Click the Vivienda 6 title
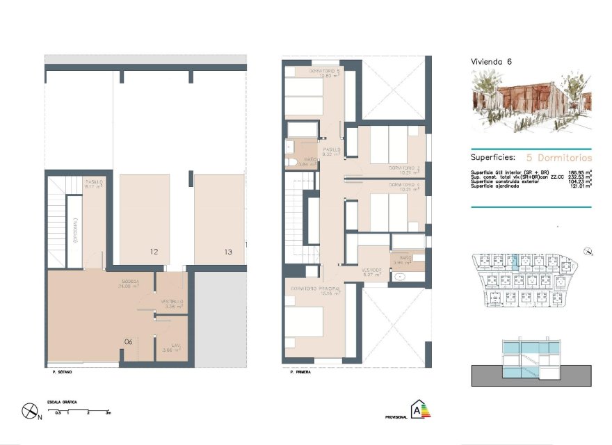tap(492, 62)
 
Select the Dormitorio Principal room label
tap(321, 289)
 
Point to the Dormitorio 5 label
tap(324, 72)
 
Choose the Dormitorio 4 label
tap(405, 185)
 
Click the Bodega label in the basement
tap(130, 282)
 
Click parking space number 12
tap(154, 252)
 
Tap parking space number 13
tap(228, 252)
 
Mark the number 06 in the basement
tap(129, 341)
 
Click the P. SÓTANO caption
tap(63, 373)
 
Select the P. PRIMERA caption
tap(300, 373)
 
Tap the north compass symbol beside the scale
tap(30, 411)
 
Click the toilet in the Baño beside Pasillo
tap(291, 163)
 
